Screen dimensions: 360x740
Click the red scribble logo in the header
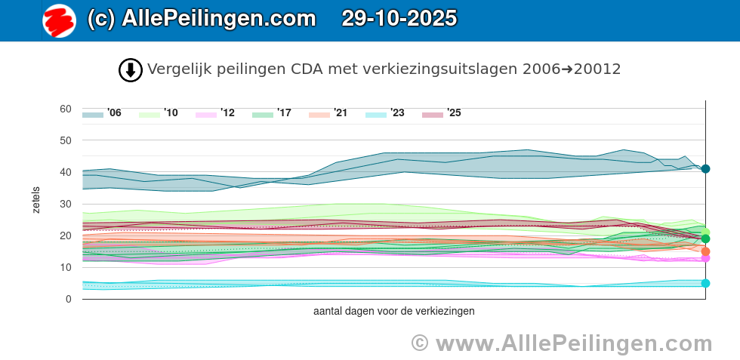(59, 20)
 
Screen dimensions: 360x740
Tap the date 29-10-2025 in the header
(399, 18)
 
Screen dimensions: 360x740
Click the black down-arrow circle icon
(131, 70)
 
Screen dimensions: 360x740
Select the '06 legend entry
(102, 113)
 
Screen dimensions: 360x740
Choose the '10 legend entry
(159, 113)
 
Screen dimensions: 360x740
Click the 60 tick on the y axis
(66, 109)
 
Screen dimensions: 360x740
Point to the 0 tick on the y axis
(68, 299)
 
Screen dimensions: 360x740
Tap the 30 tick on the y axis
(66, 204)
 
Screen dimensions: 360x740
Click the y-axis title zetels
(36, 201)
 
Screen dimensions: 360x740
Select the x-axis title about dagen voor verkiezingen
(393, 311)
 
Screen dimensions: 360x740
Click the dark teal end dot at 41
(705, 169)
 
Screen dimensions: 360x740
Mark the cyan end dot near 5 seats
(705, 283)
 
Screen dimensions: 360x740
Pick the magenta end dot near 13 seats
(705, 258)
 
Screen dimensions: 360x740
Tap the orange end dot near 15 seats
(705, 251)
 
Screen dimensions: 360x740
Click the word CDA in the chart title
(306, 69)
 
